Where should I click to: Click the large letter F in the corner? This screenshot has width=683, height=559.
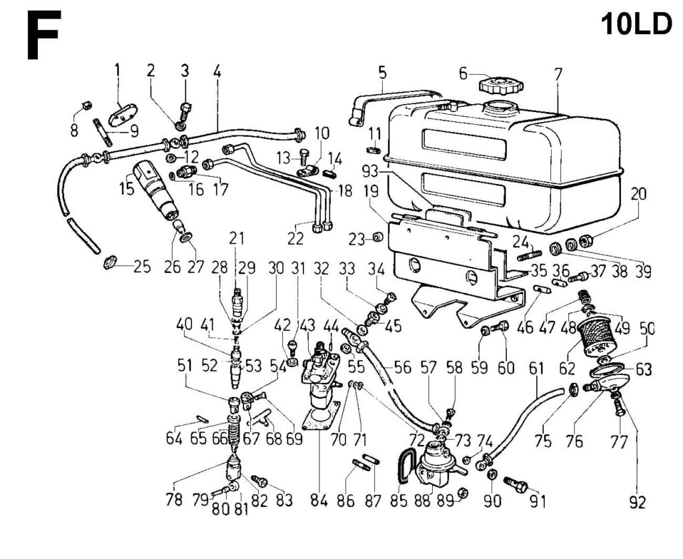[x=43, y=35]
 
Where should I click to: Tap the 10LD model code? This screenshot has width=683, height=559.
[x=636, y=24]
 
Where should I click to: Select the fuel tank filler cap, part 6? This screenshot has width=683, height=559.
[x=501, y=85]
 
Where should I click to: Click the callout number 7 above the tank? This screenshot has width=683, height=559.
[x=558, y=75]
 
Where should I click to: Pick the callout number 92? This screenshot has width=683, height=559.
[x=637, y=502]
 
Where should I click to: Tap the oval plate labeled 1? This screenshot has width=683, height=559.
[x=123, y=113]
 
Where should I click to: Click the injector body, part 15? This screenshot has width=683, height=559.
[x=155, y=188]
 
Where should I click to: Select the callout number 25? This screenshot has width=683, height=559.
[x=141, y=266]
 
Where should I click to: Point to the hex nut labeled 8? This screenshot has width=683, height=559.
[x=86, y=105]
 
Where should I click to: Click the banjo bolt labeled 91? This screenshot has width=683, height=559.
[x=516, y=484]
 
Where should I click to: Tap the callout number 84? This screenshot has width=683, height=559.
[x=319, y=501]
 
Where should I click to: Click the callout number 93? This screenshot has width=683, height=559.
[x=371, y=172]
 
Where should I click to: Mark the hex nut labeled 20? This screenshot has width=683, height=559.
[x=585, y=241]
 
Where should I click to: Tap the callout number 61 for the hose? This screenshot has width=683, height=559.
[x=536, y=368]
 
